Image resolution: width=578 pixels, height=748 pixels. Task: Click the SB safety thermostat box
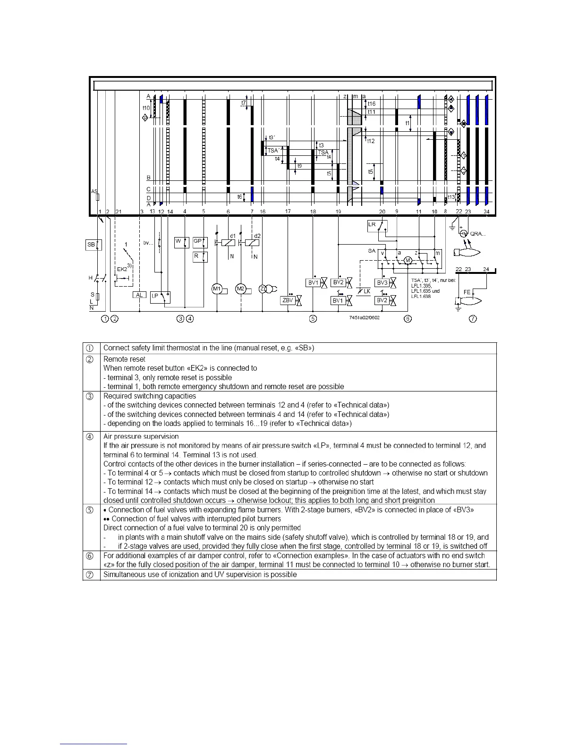click(91, 245)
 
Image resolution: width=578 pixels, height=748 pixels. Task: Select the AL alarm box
click(139, 295)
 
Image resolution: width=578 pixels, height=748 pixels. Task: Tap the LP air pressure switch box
click(155, 297)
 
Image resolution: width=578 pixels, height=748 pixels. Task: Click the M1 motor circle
click(217, 289)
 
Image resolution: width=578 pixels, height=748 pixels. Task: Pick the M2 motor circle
click(241, 289)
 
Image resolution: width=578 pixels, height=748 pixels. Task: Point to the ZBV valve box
click(287, 300)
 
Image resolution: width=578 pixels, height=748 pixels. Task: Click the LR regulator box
click(372, 225)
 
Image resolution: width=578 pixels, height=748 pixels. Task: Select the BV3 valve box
click(382, 283)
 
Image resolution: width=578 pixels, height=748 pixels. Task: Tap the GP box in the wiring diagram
click(198, 241)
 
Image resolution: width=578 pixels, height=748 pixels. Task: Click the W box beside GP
click(178, 241)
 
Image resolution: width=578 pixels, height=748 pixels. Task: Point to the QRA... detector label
click(478, 234)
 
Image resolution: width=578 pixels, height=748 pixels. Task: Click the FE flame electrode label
click(467, 292)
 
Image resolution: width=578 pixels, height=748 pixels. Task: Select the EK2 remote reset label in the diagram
click(122, 269)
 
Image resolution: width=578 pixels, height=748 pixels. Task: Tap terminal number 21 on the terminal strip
click(118, 212)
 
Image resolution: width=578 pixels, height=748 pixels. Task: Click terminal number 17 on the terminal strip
click(288, 212)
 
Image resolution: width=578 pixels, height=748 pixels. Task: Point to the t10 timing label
click(146, 108)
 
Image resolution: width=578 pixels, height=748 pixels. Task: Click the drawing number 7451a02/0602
click(364, 317)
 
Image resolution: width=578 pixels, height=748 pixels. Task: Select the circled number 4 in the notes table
click(90, 437)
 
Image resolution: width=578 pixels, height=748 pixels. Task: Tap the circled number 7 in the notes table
click(90, 575)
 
